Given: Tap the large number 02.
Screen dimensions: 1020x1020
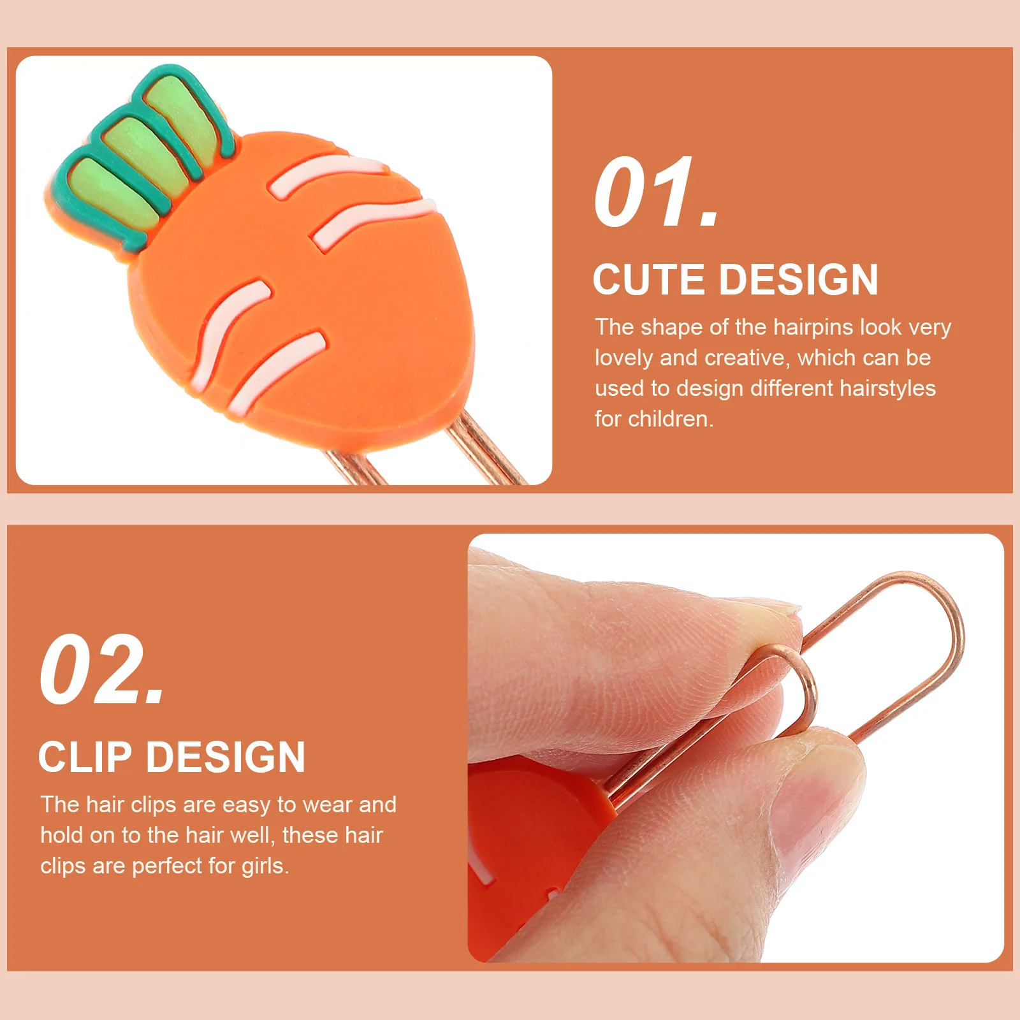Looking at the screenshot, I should pos(102,671).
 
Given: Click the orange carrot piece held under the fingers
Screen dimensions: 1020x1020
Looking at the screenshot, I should pos(523,829).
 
